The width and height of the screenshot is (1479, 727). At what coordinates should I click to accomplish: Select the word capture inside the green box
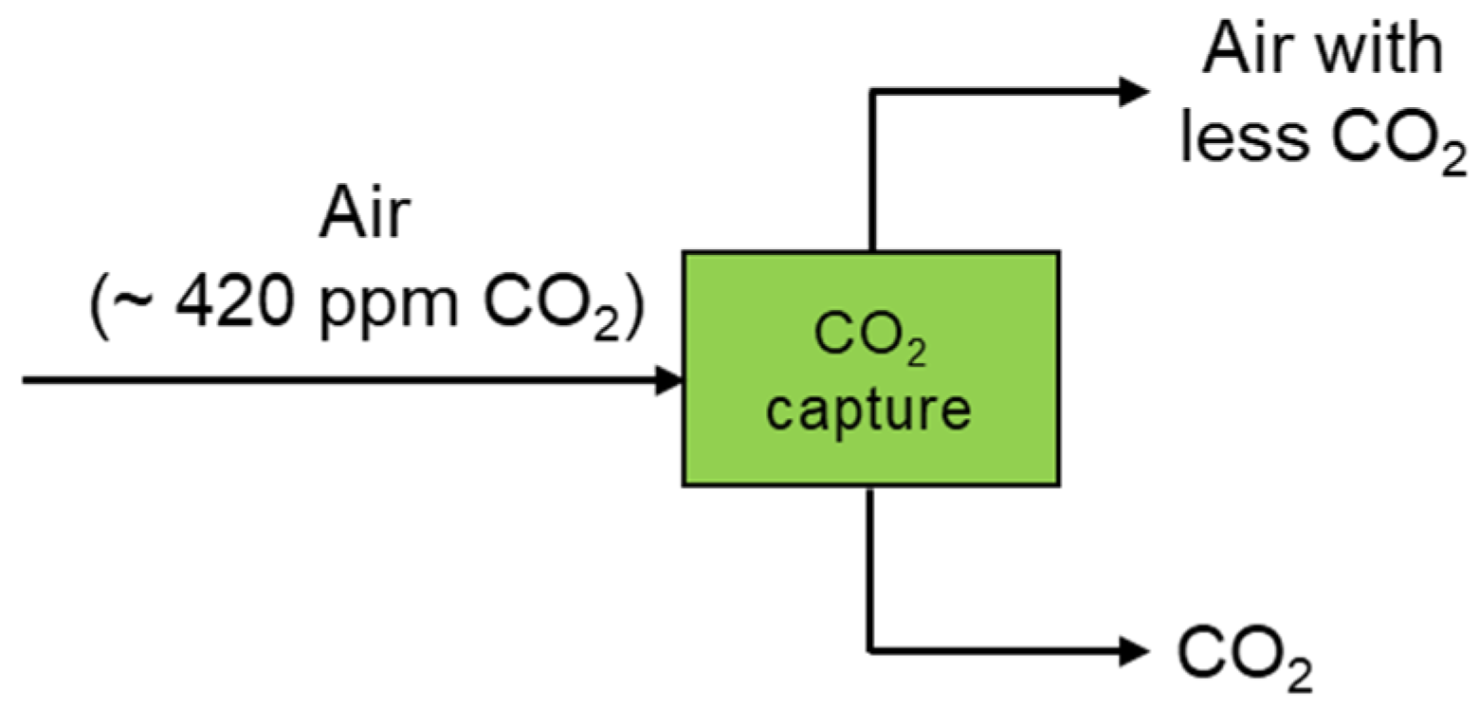869,409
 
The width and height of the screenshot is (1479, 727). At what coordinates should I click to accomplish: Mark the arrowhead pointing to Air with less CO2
1135,92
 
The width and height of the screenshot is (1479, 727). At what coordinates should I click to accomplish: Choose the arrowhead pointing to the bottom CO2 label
1135,651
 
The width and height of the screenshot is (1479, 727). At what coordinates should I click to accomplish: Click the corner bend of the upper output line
871,92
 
